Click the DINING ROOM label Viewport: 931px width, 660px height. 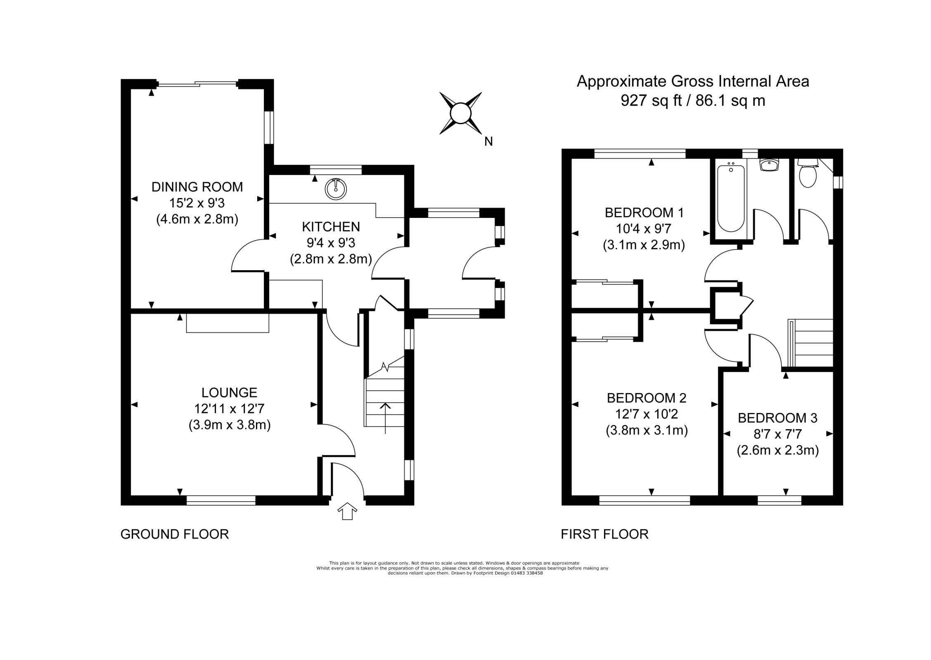(x=197, y=187)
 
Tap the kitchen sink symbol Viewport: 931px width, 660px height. (x=336, y=189)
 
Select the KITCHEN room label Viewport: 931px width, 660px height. (x=331, y=227)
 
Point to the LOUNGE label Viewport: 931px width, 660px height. (x=229, y=392)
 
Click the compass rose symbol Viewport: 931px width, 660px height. (x=460, y=113)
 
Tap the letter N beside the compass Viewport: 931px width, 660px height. (x=488, y=141)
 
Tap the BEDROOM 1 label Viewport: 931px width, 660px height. (x=644, y=213)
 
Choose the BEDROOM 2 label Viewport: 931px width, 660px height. (x=647, y=398)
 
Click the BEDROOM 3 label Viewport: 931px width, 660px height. (x=777, y=418)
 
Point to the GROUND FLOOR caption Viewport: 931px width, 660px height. (x=174, y=534)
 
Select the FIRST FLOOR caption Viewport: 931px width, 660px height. (x=604, y=534)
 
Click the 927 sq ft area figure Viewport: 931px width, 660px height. (x=651, y=101)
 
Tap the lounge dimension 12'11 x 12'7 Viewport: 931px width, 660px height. (x=229, y=409)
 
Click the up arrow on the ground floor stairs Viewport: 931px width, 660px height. (x=385, y=417)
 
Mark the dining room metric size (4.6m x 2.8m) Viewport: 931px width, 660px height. (x=197, y=219)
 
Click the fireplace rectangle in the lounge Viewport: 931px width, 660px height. (x=227, y=323)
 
